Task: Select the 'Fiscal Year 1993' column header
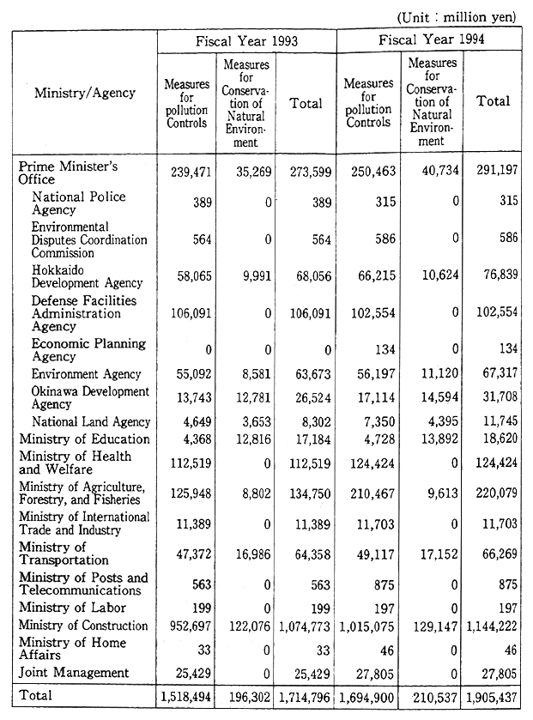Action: coord(247,40)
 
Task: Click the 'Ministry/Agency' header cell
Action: coord(85,93)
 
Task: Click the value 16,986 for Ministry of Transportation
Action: coord(250,554)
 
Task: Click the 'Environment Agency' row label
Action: coord(86,374)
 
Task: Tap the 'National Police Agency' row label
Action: coord(78,203)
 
